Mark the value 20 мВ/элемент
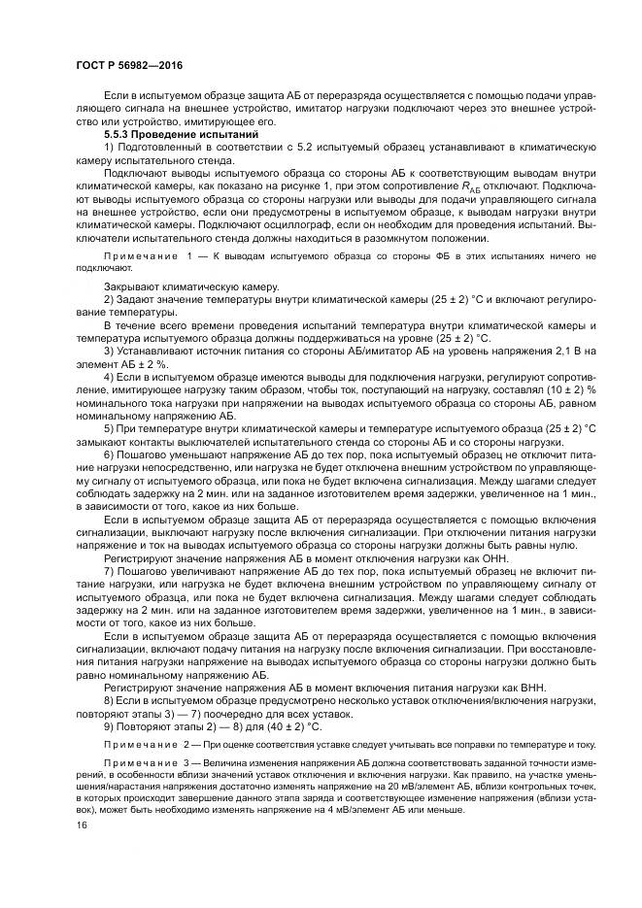(401, 789)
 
